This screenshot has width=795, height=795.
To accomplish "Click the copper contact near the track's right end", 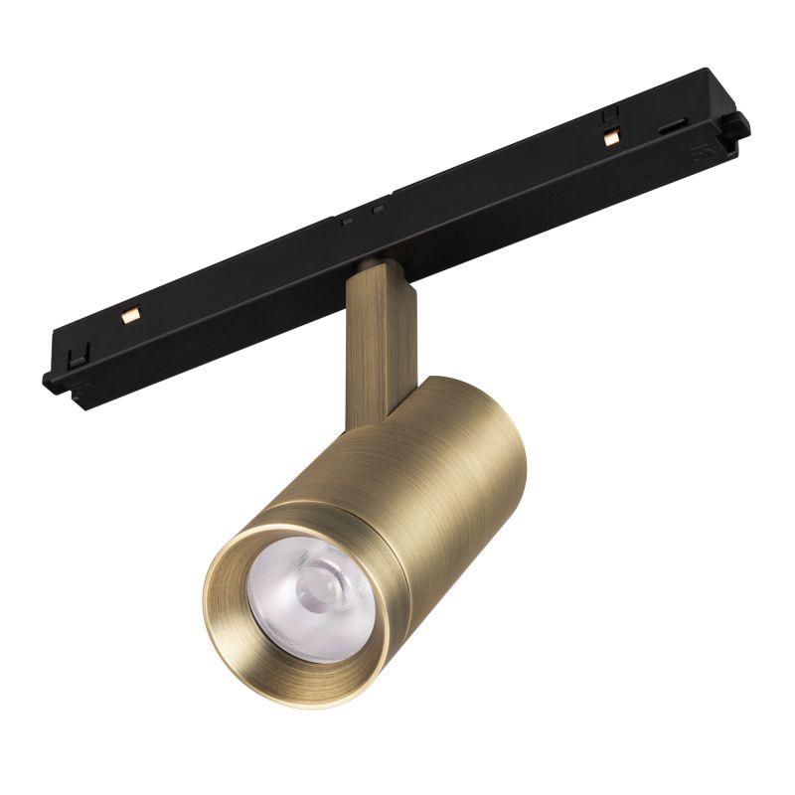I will click(x=609, y=140).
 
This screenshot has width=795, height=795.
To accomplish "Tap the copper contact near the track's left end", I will click(x=126, y=317).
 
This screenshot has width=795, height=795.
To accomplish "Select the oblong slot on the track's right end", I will click(x=673, y=126).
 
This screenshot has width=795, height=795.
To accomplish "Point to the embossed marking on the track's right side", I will click(x=699, y=155).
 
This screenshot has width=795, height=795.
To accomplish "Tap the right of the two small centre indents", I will click(x=378, y=209).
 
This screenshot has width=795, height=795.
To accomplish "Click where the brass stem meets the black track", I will click(x=378, y=266).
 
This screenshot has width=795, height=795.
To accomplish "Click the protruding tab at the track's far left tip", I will click(x=48, y=380).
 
